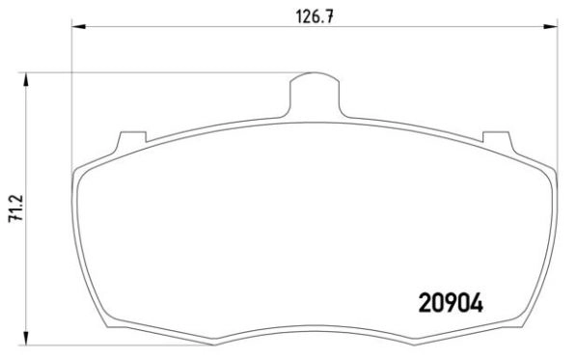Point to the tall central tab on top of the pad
click(316, 91)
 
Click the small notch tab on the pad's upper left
click(124, 141)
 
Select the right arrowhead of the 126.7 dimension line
click(554, 28)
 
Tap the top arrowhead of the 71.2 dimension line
click(26, 76)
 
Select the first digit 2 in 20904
click(426, 301)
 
